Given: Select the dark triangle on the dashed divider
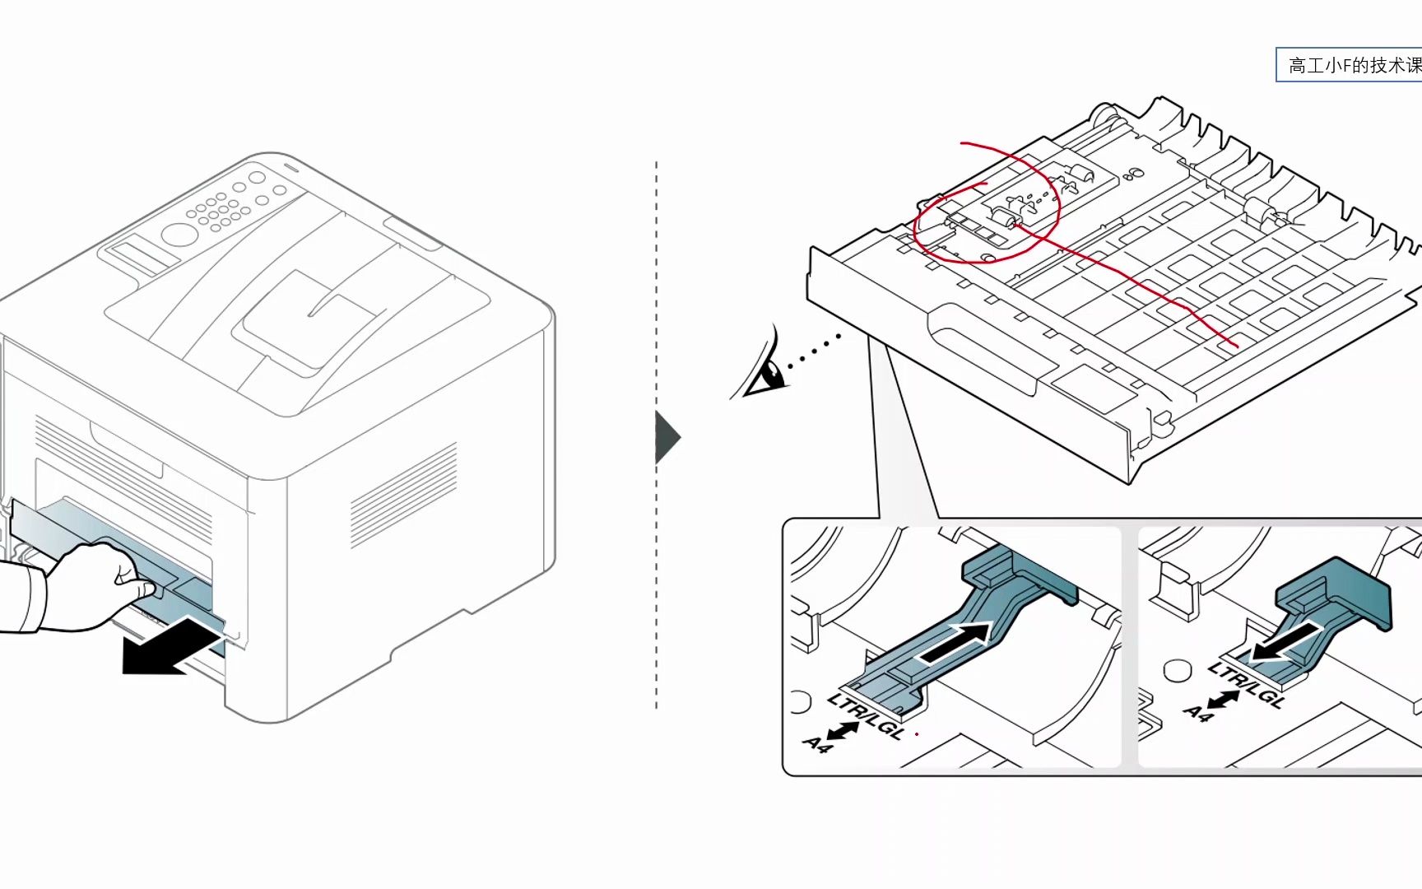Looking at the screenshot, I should point(667,437).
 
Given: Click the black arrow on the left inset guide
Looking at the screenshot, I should point(955,642).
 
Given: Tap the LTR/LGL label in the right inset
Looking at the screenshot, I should point(1246,685).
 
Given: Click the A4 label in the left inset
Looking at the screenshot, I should point(816,745).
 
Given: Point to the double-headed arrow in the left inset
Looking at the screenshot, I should point(843,730).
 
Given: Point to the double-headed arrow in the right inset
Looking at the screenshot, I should point(1224,700).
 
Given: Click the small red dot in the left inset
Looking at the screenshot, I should point(917,733).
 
